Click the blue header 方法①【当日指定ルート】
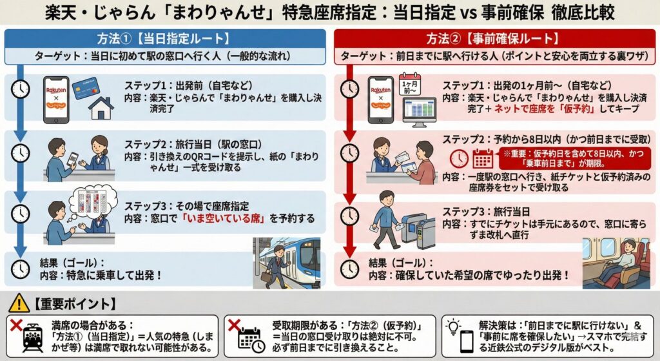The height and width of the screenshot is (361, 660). tap(165, 38)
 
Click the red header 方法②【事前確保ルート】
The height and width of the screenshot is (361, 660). tap(494, 38)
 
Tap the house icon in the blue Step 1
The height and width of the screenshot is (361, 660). tap(101, 108)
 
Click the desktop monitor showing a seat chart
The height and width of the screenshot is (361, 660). tap(419, 112)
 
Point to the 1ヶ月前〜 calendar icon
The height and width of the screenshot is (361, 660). tap(409, 85)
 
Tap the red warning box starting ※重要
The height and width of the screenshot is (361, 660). tap(574, 158)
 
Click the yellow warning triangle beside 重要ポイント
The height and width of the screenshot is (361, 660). tap(19, 303)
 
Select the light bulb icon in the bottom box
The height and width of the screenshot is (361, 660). tap(453, 327)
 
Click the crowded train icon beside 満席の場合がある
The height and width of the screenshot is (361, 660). tap(34, 338)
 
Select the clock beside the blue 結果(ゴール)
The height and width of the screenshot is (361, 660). tap(20, 269)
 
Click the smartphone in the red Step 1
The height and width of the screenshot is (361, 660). tap(380, 100)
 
